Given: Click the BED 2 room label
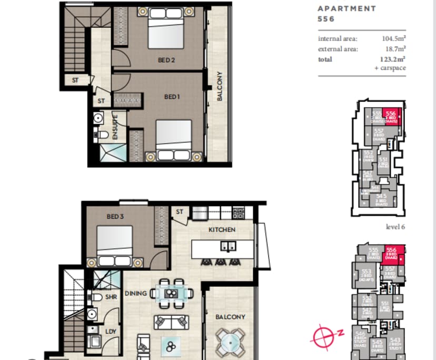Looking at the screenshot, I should tap(166, 61).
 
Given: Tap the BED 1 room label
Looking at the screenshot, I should tap(173, 97).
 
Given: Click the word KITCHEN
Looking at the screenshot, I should tap(222, 230).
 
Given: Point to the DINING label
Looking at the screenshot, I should tap(135, 293).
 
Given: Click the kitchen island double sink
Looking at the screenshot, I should tap(228, 246).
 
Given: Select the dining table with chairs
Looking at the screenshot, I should tap(169, 293).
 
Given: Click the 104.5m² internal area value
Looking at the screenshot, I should tap(394, 39).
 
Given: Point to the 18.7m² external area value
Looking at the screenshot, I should tap(395, 49).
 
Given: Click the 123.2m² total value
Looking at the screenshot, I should tap(394, 59).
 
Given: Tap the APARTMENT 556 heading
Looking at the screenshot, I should tap(346, 13).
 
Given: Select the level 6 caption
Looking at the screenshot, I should tap(396, 227).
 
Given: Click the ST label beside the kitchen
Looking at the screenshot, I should tap(180, 212).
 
